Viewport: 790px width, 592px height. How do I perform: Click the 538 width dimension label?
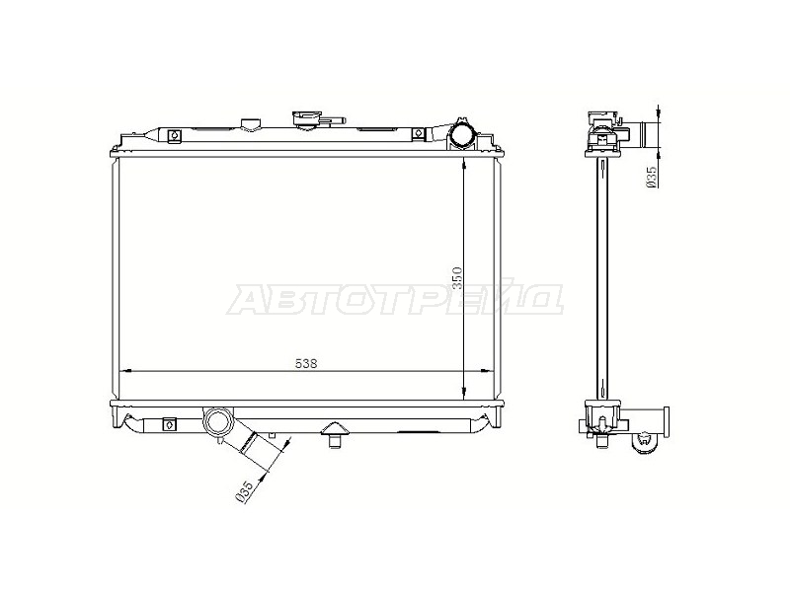(306, 363)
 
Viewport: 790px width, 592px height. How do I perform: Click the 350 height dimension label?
(457, 278)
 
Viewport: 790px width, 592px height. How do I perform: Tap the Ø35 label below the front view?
(245, 491)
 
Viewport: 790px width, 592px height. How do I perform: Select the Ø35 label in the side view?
(652, 178)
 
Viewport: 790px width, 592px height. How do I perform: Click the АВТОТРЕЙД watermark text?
(395, 300)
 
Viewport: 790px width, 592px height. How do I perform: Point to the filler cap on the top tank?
(306, 118)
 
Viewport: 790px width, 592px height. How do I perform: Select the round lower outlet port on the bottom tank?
(218, 422)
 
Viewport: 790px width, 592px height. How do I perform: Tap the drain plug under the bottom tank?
(334, 434)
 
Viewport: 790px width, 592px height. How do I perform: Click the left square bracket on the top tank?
(174, 135)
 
